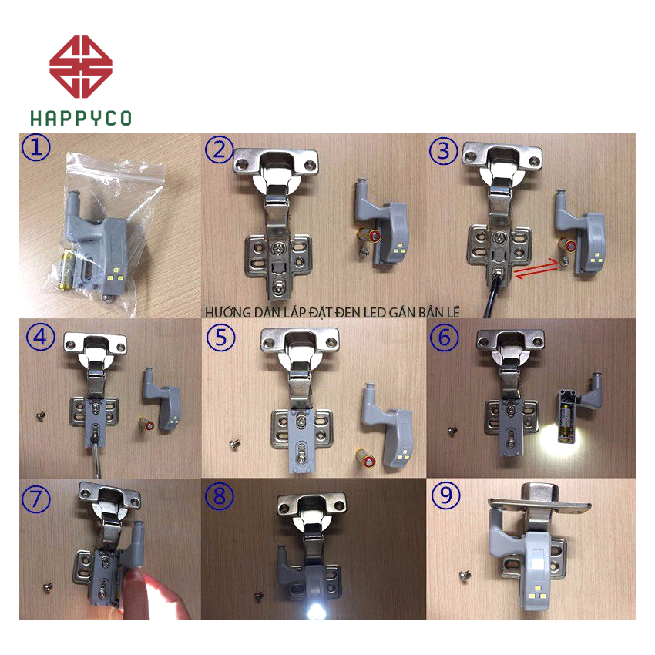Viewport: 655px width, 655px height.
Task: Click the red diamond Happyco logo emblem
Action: [81, 67]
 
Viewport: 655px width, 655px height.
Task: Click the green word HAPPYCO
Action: [81, 118]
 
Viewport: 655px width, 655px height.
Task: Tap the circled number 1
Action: [36, 147]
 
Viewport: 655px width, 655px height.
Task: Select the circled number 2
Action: [220, 149]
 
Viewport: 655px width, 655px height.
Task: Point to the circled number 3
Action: [444, 151]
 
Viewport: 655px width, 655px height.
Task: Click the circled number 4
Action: [40, 336]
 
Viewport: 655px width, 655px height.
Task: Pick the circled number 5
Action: [221, 338]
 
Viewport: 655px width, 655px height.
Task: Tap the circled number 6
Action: [445, 338]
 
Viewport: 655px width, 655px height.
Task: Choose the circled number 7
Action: [36, 499]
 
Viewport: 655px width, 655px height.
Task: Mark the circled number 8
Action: [220, 496]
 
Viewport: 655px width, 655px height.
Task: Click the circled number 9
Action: [446, 495]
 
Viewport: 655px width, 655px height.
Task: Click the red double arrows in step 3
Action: [536, 269]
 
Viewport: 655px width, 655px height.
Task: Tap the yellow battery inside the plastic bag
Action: [67, 267]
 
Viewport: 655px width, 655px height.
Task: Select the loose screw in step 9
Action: [465, 576]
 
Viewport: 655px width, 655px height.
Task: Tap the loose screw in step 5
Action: [235, 445]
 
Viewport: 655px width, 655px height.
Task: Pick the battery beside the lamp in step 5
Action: [366, 458]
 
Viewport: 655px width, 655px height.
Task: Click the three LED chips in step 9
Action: [539, 592]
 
